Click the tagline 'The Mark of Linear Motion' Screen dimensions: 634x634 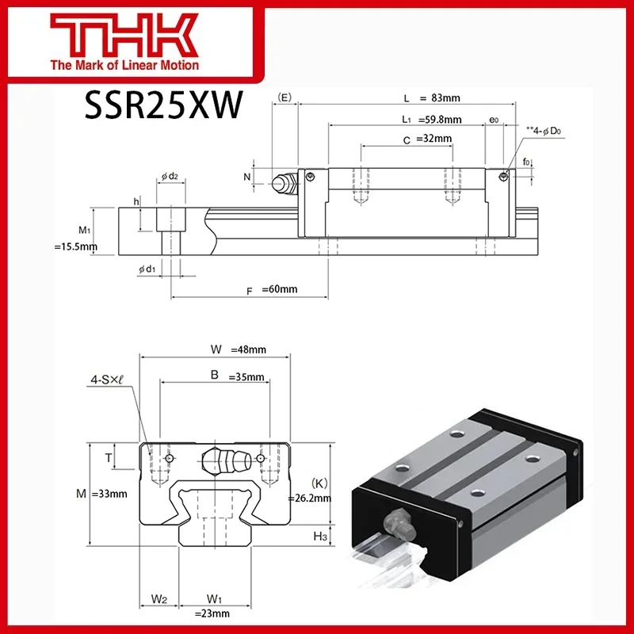pyautogui.click(x=124, y=65)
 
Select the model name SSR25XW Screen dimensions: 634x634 pyautogui.click(x=162, y=106)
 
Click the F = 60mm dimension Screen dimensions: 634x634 pyautogui.click(x=271, y=289)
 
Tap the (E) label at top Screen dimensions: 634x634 pyautogui.click(x=285, y=97)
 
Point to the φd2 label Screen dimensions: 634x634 pyautogui.click(x=169, y=176)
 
